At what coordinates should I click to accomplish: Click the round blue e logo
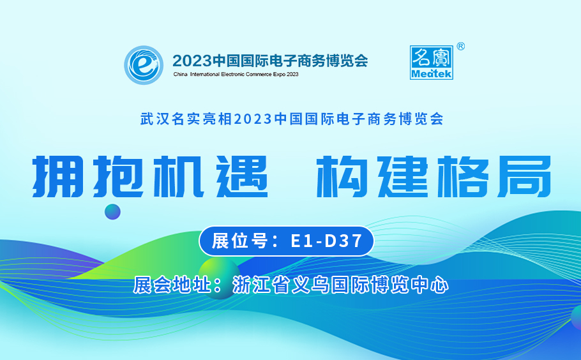coord(144,65)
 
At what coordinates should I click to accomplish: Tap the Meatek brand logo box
coord(432,62)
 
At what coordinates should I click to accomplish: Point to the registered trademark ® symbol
coord(460,47)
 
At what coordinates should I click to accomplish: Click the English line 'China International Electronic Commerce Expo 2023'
coord(236,74)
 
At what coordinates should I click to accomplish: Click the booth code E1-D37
coord(326,241)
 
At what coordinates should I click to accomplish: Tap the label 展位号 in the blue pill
coord(239,241)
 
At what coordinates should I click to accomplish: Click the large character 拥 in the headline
coord(58,176)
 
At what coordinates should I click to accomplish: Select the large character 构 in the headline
coord(342,176)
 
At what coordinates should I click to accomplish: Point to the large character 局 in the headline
coord(525,176)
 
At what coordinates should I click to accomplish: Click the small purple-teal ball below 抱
coord(112,212)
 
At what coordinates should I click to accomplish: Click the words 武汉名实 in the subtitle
coord(171,119)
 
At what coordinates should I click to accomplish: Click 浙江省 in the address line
coord(261,285)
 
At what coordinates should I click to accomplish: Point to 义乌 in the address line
coord(310,285)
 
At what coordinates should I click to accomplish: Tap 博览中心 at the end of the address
coord(409,285)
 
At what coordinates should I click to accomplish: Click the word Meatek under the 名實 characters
coord(432,73)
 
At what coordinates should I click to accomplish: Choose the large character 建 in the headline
coord(403,176)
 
